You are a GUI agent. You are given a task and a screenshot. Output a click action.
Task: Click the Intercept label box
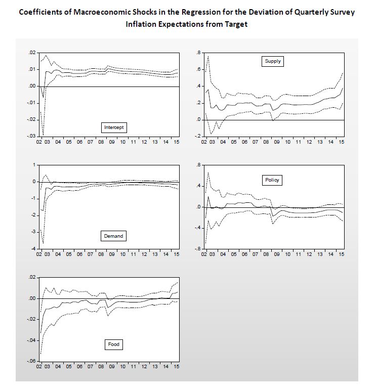[114, 127]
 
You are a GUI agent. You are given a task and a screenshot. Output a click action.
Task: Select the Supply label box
[273, 61]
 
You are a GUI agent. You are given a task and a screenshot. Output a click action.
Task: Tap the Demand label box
[114, 236]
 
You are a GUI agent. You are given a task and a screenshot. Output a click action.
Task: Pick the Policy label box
[272, 180]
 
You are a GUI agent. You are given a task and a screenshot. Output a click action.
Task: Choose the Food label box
[114, 344]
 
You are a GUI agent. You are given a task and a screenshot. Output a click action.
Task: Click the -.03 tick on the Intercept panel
[31, 136]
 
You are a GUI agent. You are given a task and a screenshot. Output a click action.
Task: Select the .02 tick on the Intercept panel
[32, 53]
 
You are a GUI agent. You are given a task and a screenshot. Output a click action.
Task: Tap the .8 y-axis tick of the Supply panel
[198, 53]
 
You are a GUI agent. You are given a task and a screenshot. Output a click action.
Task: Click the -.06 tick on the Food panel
[31, 361]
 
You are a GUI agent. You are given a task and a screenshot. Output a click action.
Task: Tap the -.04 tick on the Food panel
[31, 340]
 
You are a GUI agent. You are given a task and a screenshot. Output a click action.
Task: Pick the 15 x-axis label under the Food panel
[176, 366]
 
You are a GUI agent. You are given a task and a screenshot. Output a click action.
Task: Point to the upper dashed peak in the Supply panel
[208, 56]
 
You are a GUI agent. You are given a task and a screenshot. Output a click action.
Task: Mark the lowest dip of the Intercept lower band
[44, 135]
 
